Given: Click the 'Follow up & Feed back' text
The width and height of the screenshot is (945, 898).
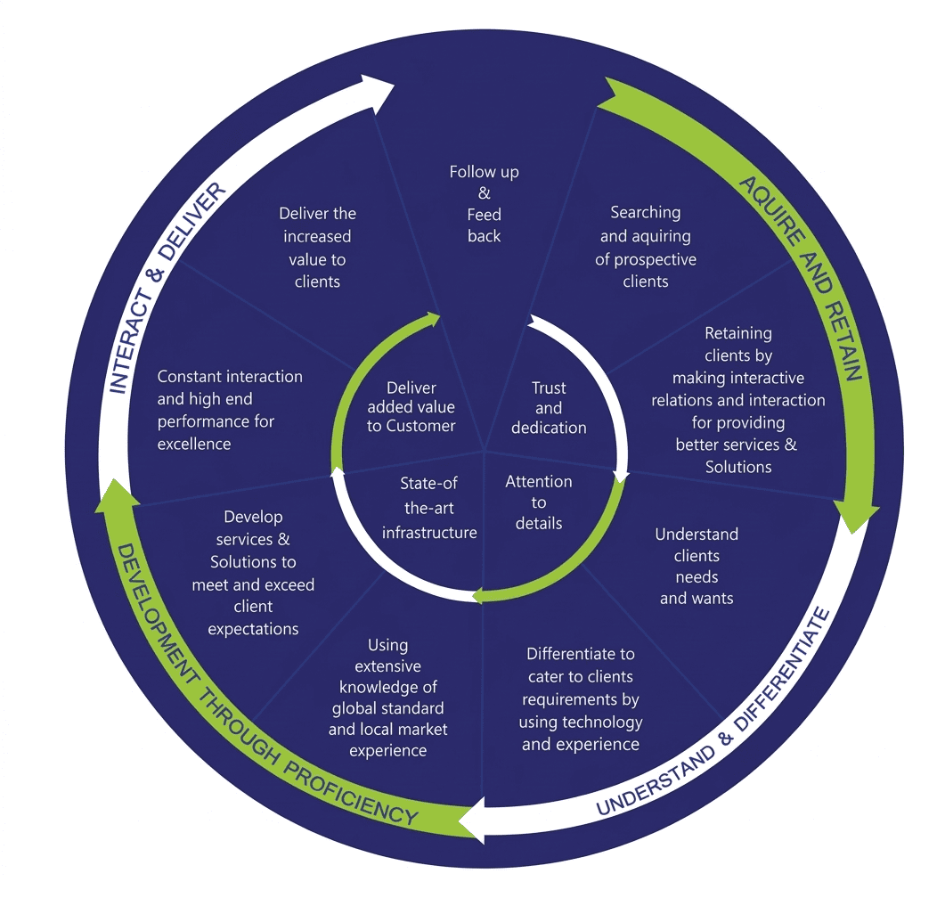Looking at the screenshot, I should click(x=485, y=204).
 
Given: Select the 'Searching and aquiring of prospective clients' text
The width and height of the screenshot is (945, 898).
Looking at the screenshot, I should click(x=647, y=247).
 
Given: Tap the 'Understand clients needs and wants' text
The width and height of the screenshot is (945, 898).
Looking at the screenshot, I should click(x=697, y=566).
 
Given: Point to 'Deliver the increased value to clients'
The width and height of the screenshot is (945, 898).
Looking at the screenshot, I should click(x=317, y=247).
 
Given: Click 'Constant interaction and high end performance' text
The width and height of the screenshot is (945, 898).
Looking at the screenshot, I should click(x=230, y=410).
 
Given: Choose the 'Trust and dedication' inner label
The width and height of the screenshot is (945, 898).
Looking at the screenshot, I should click(x=549, y=408).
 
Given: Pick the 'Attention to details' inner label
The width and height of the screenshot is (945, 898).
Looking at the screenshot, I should click(x=539, y=502).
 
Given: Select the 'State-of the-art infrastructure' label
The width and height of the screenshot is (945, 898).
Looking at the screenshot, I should click(x=429, y=508).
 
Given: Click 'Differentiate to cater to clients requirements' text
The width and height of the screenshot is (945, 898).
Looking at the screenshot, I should click(x=581, y=698).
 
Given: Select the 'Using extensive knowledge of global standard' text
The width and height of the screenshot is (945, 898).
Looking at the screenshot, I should click(x=388, y=698).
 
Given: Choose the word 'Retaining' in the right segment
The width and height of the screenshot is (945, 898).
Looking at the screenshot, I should click(x=738, y=333).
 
